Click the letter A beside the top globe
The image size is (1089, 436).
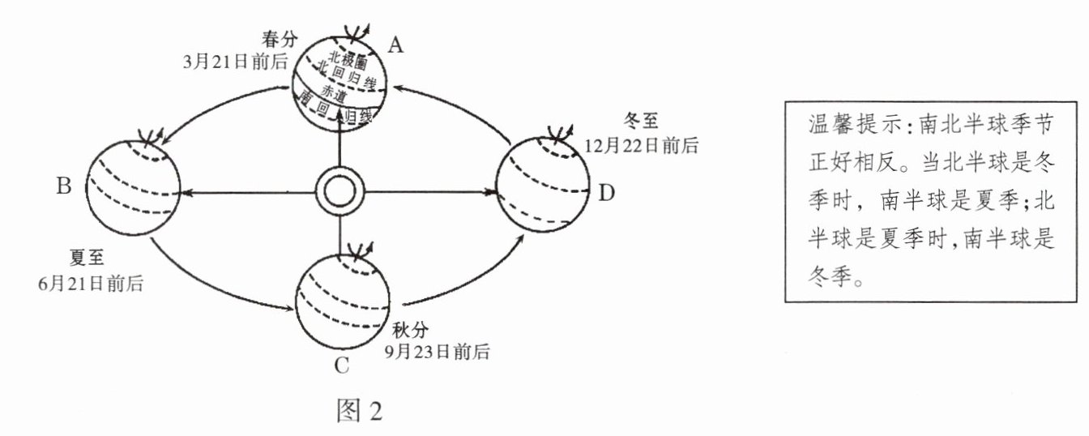(395, 46)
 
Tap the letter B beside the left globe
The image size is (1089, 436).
(64, 186)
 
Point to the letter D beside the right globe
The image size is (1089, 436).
(607, 192)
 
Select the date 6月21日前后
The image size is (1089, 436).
(92, 283)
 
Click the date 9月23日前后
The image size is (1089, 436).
(438, 353)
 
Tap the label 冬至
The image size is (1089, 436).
(643, 123)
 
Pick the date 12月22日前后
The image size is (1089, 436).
(640, 146)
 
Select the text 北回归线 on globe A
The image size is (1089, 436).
(348, 75)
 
